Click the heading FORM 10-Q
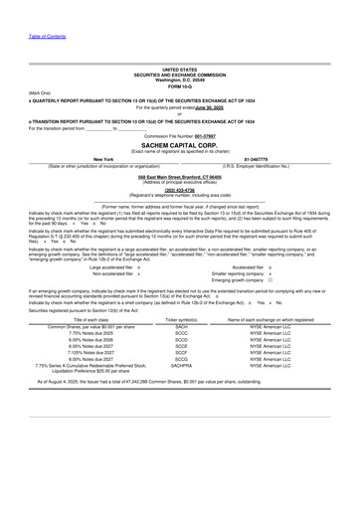179,81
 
